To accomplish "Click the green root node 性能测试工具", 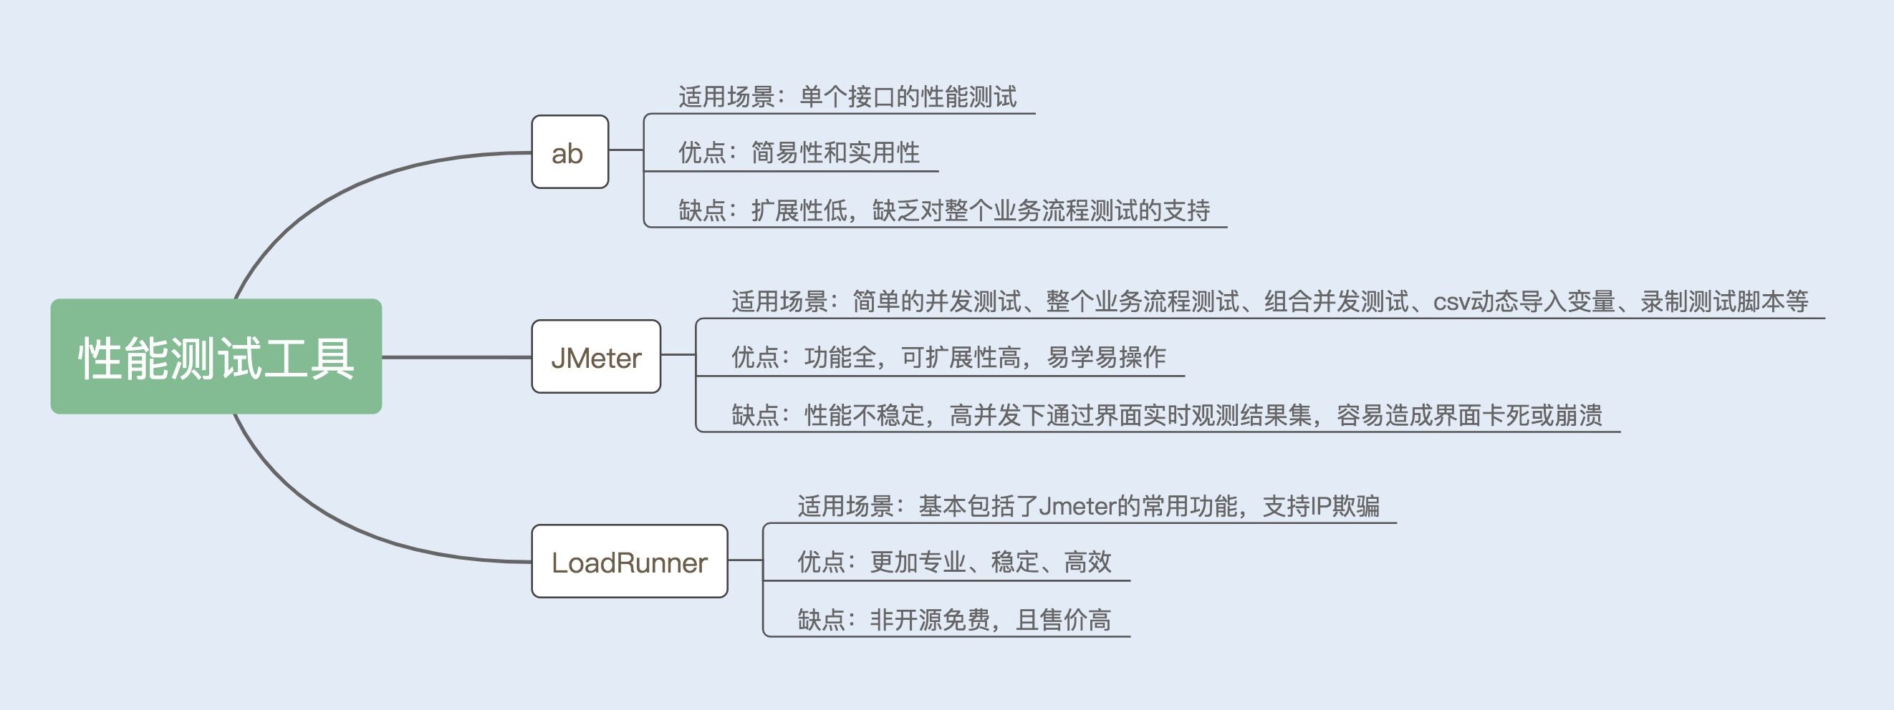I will pos(216,357).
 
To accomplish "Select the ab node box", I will pos(569,152).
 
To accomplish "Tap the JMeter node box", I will pos(595,357).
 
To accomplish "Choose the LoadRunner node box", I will pos(630,562).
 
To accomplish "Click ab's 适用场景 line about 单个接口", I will pos(847,97).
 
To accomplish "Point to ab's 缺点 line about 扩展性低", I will pos(943,211).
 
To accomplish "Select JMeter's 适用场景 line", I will pos(1269,301).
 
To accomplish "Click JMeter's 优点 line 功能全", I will pos(948,357).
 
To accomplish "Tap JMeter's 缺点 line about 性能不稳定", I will pos(1166,416).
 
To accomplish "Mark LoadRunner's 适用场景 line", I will pos(1088,507).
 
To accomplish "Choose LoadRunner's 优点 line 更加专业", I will pos(953,563).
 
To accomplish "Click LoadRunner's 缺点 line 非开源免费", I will pos(953,621).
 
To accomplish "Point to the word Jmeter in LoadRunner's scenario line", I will pos(1077,507).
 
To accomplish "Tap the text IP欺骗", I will pos(1345,507).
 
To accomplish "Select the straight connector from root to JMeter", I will pos(456,357).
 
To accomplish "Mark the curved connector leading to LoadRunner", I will pos(331,521).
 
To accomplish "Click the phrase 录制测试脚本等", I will pos(1724,301).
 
